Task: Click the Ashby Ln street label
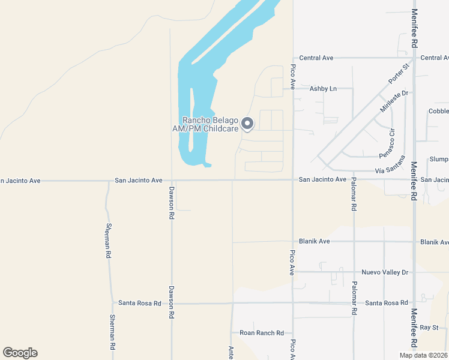click(x=322, y=89)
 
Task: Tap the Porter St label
click(x=397, y=73)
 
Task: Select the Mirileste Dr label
click(x=394, y=101)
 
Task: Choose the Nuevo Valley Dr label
click(x=385, y=272)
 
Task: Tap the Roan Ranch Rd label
click(x=262, y=333)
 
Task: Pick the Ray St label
click(x=430, y=328)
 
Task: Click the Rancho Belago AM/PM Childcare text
click(x=211, y=124)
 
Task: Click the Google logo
click(x=20, y=353)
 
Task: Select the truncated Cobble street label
click(x=438, y=112)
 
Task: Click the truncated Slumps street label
click(x=439, y=160)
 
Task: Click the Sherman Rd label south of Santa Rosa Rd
click(x=112, y=332)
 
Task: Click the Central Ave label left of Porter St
click(x=316, y=58)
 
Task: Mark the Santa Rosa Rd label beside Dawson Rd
click(x=140, y=304)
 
